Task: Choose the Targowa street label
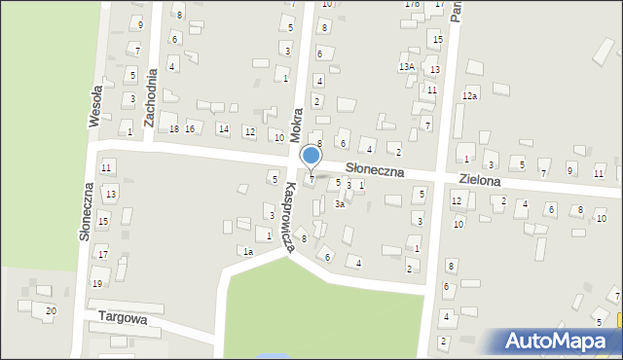click(x=122, y=318)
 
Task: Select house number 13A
click(x=407, y=66)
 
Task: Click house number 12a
click(x=470, y=95)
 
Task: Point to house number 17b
click(x=412, y=4)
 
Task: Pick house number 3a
click(x=339, y=204)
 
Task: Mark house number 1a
click(x=248, y=252)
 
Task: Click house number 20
click(x=51, y=310)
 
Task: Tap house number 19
click(x=96, y=283)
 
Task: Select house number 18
click(x=173, y=129)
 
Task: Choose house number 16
click(x=190, y=129)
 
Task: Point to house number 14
click(x=223, y=129)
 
